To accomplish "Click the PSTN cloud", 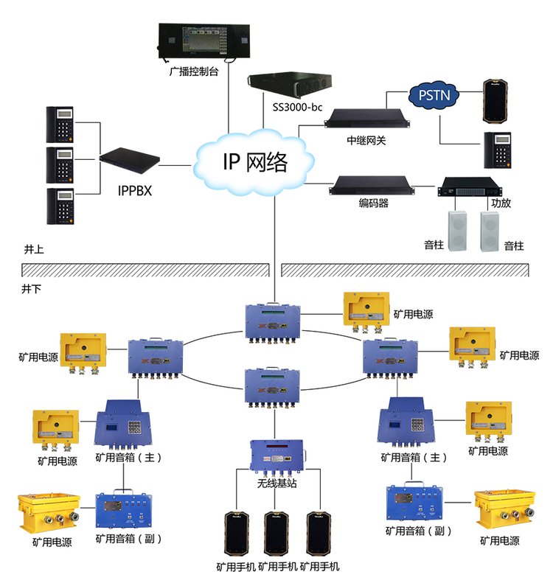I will tap(434, 94).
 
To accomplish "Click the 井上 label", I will tap(33, 250).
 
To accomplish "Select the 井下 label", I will tap(33, 288).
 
